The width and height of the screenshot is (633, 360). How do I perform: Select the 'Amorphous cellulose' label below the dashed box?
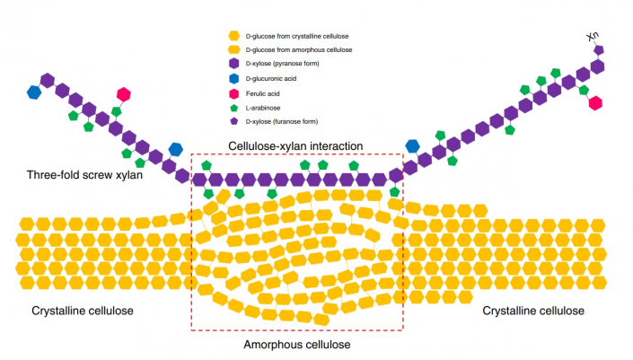pyautogui.click(x=297, y=344)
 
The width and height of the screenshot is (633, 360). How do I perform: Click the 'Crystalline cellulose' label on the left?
pyautogui.click(x=83, y=311)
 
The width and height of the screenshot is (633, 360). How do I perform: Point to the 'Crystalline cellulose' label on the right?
pyautogui.click(x=533, y=311)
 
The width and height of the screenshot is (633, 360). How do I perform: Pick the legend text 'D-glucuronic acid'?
pyautogui.click(x=273, y=78)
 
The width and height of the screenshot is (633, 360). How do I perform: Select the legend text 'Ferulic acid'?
pyautogui.click(x=266, y=92)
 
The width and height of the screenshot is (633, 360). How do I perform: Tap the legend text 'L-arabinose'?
pyautogui.click(x=266, y=106)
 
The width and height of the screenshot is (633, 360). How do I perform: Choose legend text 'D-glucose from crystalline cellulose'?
pyautogui.click(x=305, y=36)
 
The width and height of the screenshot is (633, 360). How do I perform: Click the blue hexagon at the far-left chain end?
pyautogui.click(x=34, y=92)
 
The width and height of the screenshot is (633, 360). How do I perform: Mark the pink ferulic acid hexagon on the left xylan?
pyautogui.click(x=124, y=94)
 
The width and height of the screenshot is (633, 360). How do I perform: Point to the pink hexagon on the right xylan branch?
pyautogui.click(x=594, y=103)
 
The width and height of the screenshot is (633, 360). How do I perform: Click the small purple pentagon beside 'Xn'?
pyautogui.click(x=599, y=50)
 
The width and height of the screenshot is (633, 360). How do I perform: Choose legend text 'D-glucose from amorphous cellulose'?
pyautogui.click(x=304, y=50)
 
